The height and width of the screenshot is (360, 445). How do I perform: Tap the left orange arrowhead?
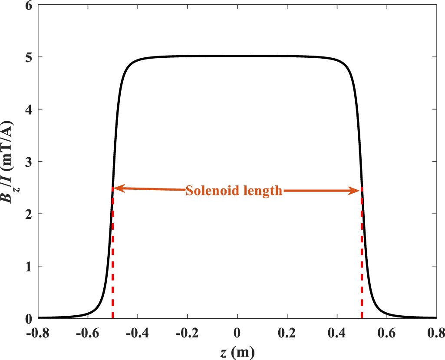[x=117, y=188]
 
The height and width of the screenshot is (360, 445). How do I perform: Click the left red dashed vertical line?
[x=113, y=261]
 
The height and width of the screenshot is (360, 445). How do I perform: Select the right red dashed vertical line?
[x=362, y=261]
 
